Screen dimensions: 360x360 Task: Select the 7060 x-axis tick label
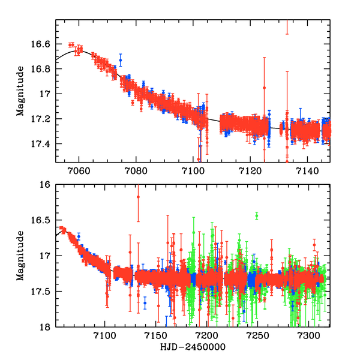[x=79, y=170]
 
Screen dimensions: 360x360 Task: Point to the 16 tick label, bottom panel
[x=46, y=185]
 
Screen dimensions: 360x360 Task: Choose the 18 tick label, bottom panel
[x=46, y=327]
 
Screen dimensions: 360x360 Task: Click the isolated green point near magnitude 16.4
[x=257, y=215]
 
